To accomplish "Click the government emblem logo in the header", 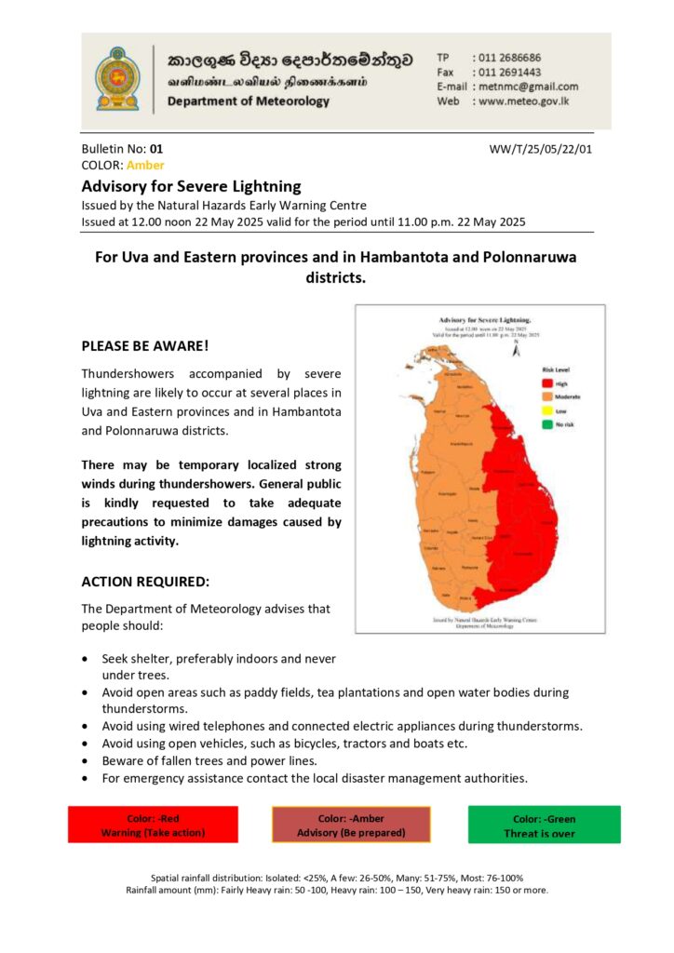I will (116, 78).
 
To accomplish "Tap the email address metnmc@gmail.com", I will (524, 87).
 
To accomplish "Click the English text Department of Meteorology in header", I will (248, 101).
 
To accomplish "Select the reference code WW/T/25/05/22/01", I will (540, 148).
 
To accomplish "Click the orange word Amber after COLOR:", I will (145, 165).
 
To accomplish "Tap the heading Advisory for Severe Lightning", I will (191, 185).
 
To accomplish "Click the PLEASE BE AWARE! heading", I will (145, 345).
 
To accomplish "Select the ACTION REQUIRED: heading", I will (145, 582).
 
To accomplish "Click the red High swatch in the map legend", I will (548, 383).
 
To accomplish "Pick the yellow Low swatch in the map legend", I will (548, 410).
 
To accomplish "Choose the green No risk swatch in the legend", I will (548, 424).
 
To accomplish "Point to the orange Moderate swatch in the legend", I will (548, 396).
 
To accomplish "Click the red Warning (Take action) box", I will (153, 825).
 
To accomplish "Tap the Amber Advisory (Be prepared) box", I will (351, 825).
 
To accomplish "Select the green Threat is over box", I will (544, 825).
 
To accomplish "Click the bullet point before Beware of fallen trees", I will (86, 761).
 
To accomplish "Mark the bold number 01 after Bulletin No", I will (156, 148).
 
